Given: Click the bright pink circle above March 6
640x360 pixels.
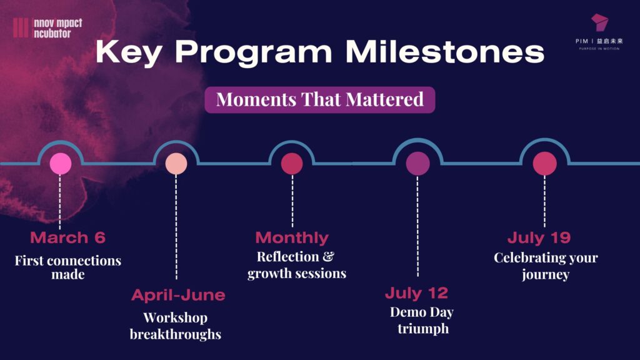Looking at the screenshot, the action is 61,164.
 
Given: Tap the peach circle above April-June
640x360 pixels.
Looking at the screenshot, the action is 176,164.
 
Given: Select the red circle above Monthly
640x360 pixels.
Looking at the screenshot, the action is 292,164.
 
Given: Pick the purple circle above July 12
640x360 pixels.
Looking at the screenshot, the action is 417,164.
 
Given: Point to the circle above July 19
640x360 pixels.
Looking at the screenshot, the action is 544,164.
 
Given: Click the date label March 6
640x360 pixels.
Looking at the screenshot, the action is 67,237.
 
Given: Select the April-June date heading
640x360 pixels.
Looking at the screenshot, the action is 178,295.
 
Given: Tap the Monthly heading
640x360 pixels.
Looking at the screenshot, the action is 292,237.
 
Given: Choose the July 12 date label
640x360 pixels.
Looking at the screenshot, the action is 416,292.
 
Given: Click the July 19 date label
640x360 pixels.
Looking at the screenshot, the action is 539,237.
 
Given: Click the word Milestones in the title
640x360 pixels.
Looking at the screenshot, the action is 445,51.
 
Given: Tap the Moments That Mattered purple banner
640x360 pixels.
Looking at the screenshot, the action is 319,99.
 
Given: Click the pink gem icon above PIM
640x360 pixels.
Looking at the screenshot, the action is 599,22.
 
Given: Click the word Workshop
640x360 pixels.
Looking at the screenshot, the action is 176,317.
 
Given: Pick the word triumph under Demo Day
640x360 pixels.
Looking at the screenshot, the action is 423,329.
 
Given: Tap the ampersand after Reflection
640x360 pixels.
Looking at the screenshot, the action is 328,256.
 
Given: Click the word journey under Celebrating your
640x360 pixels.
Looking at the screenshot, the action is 546,274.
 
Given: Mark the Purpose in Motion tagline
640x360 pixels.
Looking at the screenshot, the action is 599,49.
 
